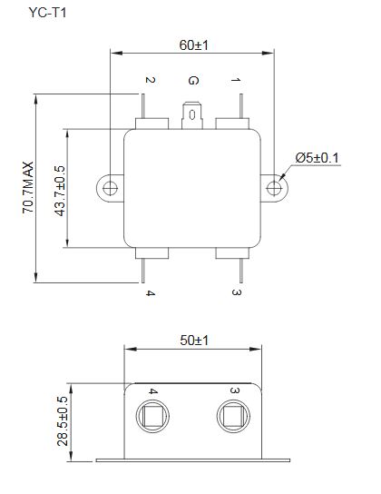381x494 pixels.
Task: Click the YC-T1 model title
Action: (47, 13)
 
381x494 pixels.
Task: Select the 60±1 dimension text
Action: (193, 45)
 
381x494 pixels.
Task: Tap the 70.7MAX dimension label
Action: (28, 188)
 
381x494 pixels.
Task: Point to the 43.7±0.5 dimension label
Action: (60, 191)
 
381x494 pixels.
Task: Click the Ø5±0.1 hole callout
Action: (317, 158)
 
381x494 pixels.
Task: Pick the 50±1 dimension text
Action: (194, 341)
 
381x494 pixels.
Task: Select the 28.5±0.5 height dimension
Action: (63, 421)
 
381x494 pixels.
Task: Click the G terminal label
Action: (193, 80)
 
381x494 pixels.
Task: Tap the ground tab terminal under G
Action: (192, 115)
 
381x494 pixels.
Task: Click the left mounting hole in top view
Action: (110, 188)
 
